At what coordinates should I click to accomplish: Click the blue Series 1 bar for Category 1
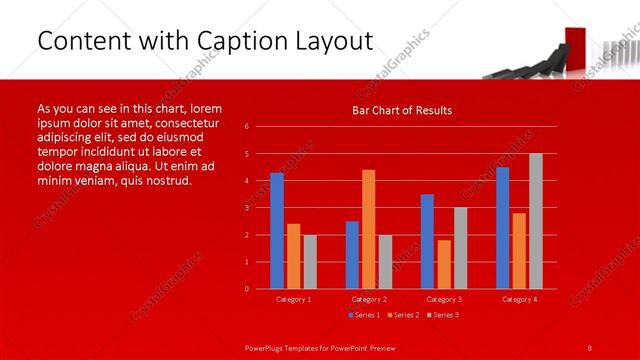pos(277,231)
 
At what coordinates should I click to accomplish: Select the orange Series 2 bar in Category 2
pos(369,229)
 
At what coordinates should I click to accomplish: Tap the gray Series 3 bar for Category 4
pos(536,221)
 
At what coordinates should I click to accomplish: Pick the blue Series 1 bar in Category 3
pos(427,241)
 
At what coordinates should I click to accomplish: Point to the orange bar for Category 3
pos(444,264)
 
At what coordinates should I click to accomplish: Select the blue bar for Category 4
pos(502,228)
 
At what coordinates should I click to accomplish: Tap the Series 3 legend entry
pos(443,315)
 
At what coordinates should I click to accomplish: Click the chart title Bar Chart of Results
pos(402,110)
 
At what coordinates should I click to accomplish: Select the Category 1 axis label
pos(294,299)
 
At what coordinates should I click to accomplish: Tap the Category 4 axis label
pos(519,299)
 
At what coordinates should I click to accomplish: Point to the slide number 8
pos(590,346)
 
